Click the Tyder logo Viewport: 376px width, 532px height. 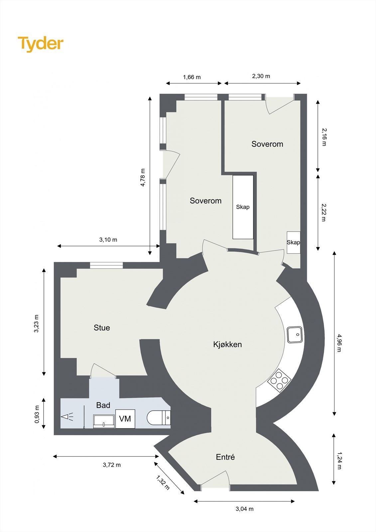[x=40, y=44]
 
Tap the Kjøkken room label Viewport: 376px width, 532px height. [x=227, y=344]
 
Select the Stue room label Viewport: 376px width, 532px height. [x=102, y=328]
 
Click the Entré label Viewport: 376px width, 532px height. [x=225, y=457]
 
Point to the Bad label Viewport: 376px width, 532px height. [x=103, y=405]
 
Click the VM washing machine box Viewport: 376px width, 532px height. [x=125, y=419]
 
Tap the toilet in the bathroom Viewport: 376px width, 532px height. [x=159, y=418]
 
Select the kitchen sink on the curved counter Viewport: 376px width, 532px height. [x=295, y=334]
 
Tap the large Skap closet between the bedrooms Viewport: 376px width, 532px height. [x=243, y=207]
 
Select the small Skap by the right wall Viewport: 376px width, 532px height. [x=294, y=242]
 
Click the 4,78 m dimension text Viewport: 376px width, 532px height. [x=143, y=177]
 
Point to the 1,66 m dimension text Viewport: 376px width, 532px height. [x=192, y=77]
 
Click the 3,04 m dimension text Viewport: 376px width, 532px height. [x=244, y=509]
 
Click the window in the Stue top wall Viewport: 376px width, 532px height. [x=106, y=265]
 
